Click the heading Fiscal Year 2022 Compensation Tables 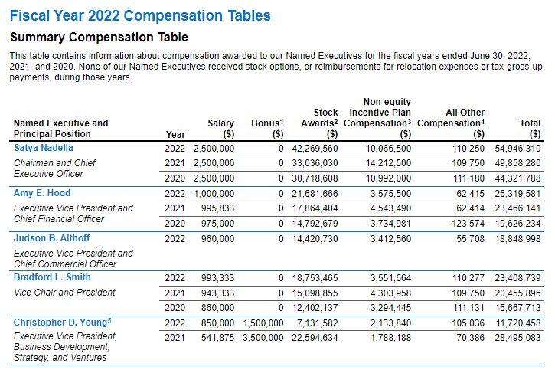point(140,15)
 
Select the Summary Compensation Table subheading point(99,37)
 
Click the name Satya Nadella point(43,148)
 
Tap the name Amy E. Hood point(42,193)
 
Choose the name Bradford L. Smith point(52,277)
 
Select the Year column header point(175,134)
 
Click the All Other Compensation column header point(453,123)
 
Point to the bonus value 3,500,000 point(260,337)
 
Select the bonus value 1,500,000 point(260,323)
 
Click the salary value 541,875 point(216,337)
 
